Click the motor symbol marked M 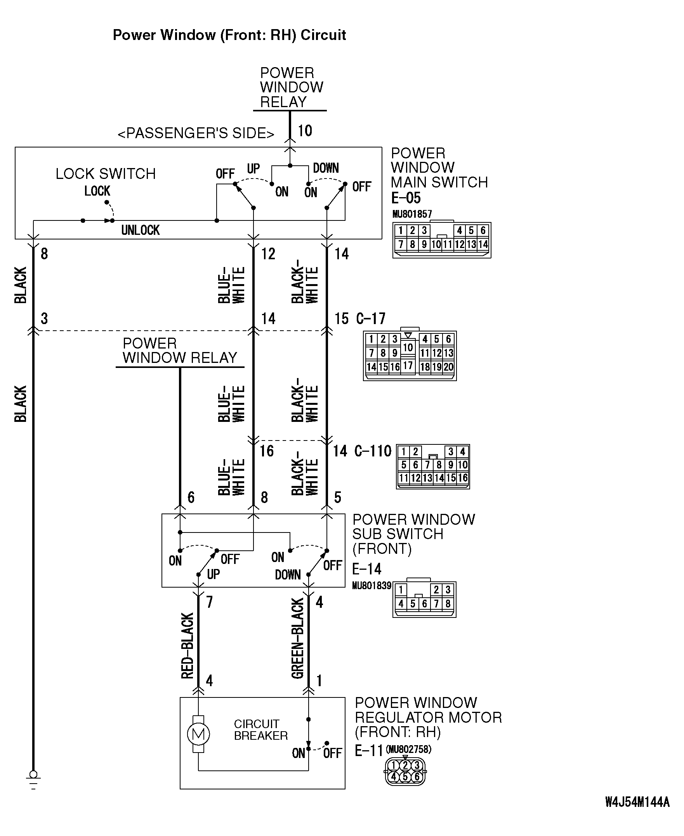coord(198,734)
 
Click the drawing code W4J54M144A coord(637,802)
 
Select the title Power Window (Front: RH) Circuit coord(229,35)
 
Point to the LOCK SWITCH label coord(105,174)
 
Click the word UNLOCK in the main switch coord(140,230)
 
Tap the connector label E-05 coord(405,198)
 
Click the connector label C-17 coord(370,318)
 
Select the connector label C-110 coord(373,451)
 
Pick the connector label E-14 coord(366,569)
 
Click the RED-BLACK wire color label coord(187,645)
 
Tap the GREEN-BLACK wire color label coord(298,638)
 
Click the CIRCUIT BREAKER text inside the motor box coord(260,730)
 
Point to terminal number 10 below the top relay coord(305,131)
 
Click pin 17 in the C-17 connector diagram coord(408,366)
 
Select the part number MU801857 coord(412,214)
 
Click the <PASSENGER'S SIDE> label coord(196,133)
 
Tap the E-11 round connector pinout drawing coord(405,771)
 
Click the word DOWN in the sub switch coord(288,575)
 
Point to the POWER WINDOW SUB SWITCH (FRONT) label coord(413,534)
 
